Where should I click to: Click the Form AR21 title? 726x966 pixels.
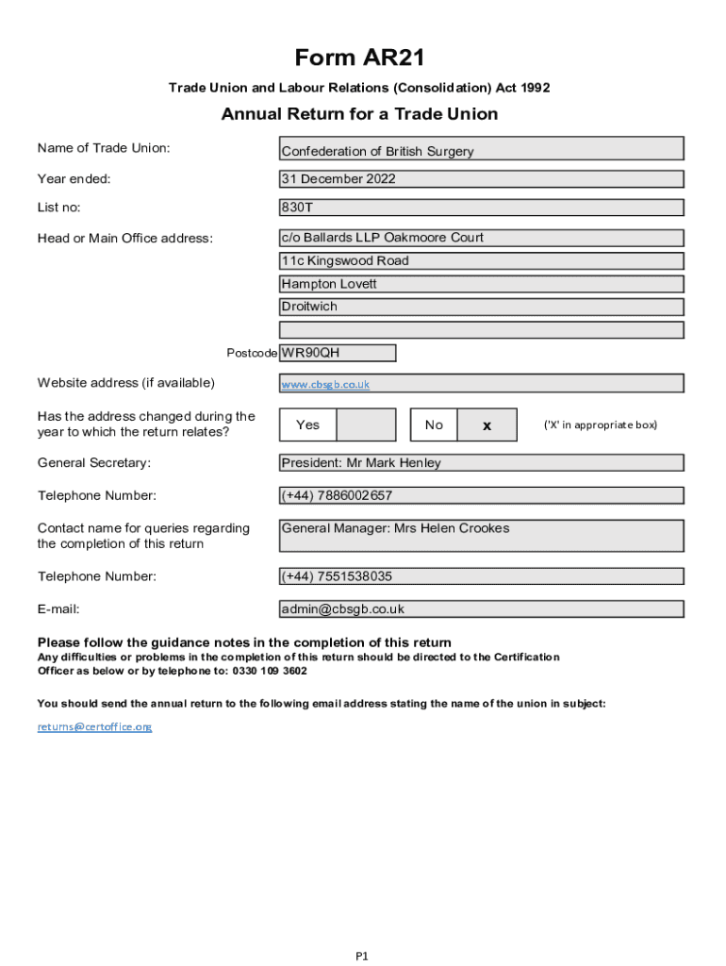pyautogui.click(x=359, y=58)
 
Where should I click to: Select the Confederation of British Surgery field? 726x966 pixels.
pyautogui.click(x=481, y=149)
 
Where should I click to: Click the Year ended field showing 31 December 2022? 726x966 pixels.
pyautogui.click(x=481, y=179)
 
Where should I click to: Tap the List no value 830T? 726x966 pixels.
pyautogui.click(x=481, y=208)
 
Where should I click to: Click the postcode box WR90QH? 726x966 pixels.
pyautogui.click(x=338, y=354)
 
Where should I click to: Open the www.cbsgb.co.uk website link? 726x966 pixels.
pyautogui.click(x=325, y=384)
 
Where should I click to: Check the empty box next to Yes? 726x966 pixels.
pyautogui.click(x=366, y=425)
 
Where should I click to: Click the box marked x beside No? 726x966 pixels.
pyautogui.click(x=487, y=425)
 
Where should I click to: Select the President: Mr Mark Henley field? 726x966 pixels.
pyautogui.click(x=481, y=463)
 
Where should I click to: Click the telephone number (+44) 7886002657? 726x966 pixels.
pyautogui.click(x=481, y=495)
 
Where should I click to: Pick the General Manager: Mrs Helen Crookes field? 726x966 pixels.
pyautogui.click(x=481, y=535)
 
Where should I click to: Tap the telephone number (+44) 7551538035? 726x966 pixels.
pyautogui.click(x=481, y=576)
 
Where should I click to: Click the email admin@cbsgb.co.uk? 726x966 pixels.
pyautogui.click(x=481, y=609)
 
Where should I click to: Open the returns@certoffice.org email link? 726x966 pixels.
pyautogui.click(x=94, y=726)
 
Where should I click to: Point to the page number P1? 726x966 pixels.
pyautogui.click(x=362, y=956)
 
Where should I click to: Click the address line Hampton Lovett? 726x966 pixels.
pyautogui.click(x=481, y=284)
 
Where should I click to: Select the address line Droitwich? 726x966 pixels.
pyautogui.click(x=481, y=307)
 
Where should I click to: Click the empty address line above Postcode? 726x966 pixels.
pyautogui.click(x=481, y=330)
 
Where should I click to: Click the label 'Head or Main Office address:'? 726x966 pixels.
pyautogui.click(x=125, y=238)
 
